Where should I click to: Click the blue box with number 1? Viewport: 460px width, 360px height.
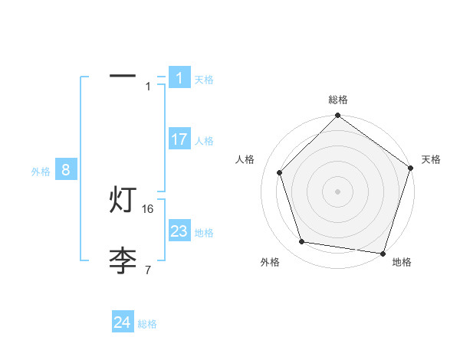[179, 78]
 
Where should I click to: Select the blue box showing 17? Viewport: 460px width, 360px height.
[179, 139]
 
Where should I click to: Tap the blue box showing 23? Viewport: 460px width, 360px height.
[179, 231]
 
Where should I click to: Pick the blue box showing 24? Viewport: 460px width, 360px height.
[123, 322]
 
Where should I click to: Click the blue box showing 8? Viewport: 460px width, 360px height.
[66, 170]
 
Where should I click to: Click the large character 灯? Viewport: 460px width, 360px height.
[123, 201]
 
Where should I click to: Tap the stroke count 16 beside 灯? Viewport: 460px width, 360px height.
[149, 208]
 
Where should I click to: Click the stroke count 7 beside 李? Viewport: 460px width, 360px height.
[148, 270]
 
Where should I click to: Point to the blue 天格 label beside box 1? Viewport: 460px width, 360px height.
[204, 79]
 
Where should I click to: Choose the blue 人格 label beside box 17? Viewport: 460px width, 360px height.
[204, 140]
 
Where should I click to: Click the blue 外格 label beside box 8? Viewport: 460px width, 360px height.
[41, 172]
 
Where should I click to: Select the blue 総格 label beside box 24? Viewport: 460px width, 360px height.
[147, 324]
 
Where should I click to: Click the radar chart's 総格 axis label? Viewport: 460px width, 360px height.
[338, 100]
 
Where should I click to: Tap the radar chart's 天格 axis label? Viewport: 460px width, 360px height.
[432, 159]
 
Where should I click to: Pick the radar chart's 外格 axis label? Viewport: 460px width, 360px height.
[270, 262]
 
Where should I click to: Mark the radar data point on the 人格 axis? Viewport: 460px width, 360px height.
[279, 172]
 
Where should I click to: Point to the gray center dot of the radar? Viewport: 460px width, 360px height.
[338, 191]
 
